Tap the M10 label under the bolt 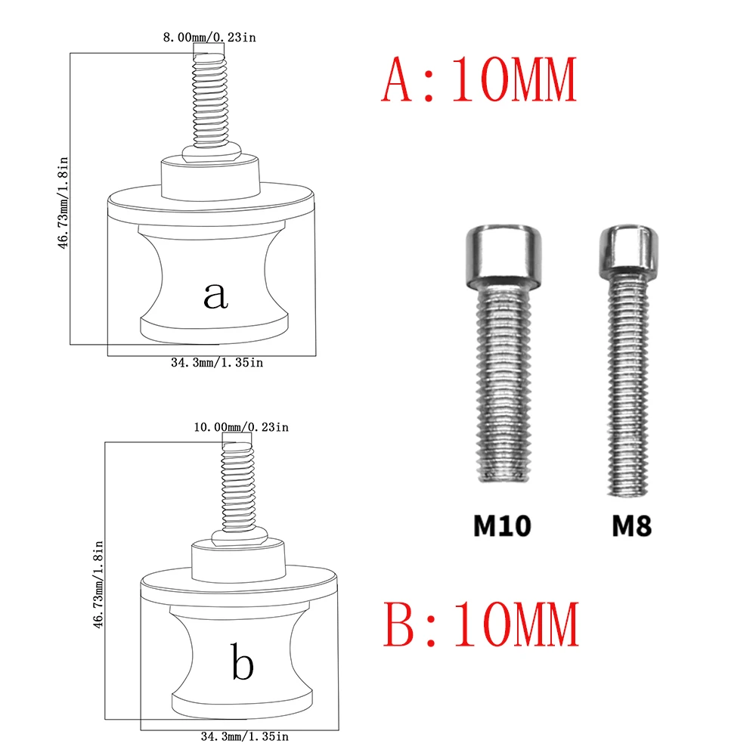[x=502, y=526]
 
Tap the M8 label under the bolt [x=631, y=526]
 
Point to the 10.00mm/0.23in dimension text [x=241, y=427]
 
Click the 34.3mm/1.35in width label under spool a [x=217, y=363]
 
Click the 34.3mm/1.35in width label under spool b [x=244, y=735]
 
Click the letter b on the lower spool [x=243, y=665]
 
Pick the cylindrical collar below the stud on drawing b [x=238, y=559]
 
